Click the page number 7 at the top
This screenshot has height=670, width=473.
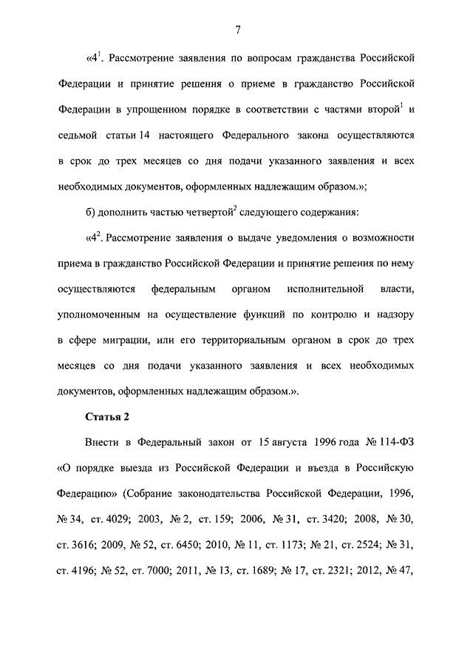[x=237, y=30]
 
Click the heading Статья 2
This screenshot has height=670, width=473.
[x=107, y=417]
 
